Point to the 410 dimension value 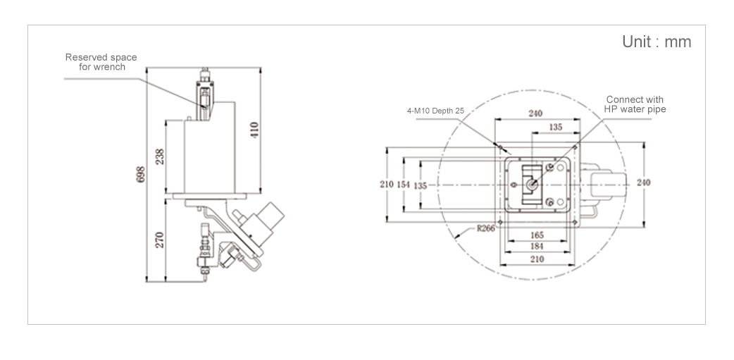coord(255,130)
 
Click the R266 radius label coord(486,228)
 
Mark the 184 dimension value coord(537,246)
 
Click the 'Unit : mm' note coord(657,42)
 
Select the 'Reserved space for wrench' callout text coord(101,62)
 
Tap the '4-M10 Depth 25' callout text coord(435,111)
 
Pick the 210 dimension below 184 coord(537,259)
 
